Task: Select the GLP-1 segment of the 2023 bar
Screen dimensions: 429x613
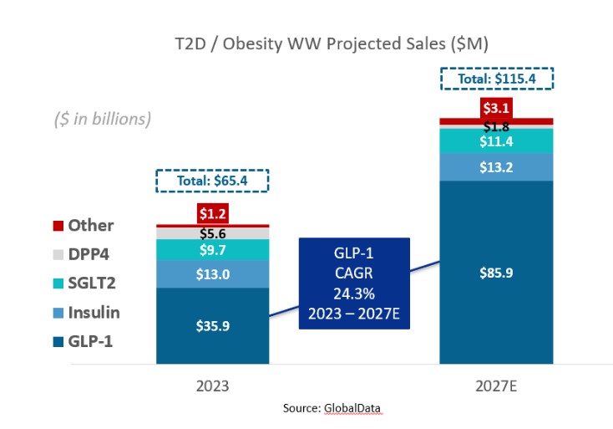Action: [x=212, y=327]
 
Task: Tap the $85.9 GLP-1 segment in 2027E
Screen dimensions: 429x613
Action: [x=496, y=272]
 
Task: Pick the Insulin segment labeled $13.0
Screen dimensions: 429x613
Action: [x=212, y=273]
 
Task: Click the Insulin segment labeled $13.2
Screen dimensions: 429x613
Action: [x=496, y=167]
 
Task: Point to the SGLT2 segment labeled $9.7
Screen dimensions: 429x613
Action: [x=212, y=249]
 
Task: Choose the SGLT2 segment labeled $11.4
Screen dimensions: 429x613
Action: [x=496, y=141]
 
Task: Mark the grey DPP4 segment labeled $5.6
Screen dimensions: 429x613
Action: [x=212, y=233]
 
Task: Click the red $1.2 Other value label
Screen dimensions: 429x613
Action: [x=212, y=214]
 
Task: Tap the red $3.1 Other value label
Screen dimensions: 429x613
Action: [x=496, y=108]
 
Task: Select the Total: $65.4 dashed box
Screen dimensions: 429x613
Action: [x=212, y=181]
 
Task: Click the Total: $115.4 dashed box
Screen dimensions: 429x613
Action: [x=496, y=79]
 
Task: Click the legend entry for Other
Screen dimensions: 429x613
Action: [x=84, y=226]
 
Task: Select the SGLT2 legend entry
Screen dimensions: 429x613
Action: [x=84, y=283]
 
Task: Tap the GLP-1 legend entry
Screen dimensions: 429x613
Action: [x=84, y=341]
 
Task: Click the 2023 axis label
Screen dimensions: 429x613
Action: [x=212, y=387]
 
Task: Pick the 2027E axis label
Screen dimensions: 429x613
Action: [x=496, y=387]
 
